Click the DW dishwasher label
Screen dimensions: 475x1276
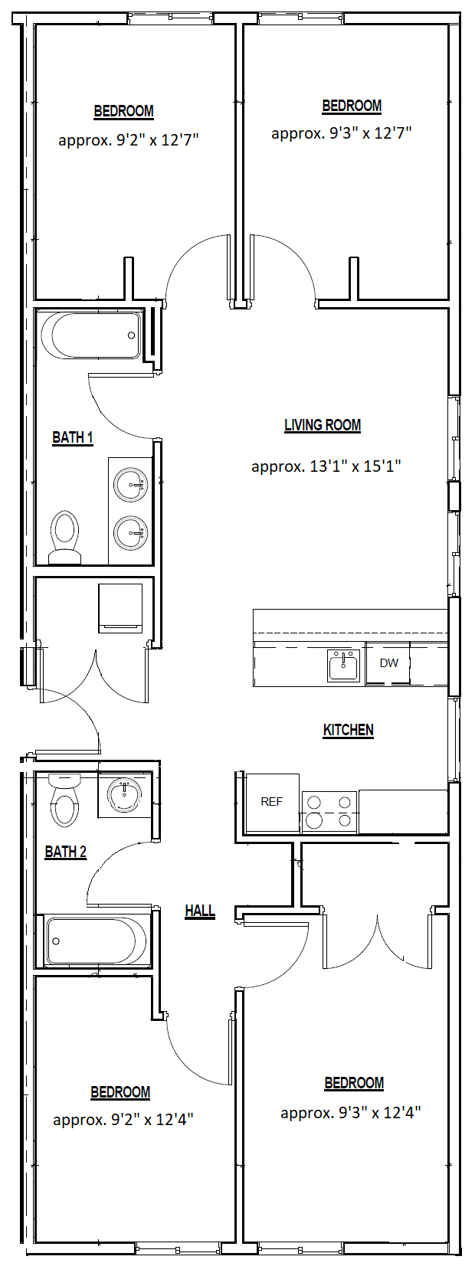pyautogui.click(x=389, y=663)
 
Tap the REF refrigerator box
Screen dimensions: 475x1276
pyautogui.click(x=272, y=803)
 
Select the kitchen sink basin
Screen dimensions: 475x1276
pyautogui.click(x=343, y=666)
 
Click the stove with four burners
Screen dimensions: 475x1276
pyautogui.click(x=329, y=812)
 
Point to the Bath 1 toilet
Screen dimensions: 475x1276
pyautogui.click(x=64, y=537)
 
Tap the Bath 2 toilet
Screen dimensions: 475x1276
pyautogui.click(x=64, y=800)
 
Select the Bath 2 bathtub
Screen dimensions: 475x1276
pyautogui.click(x=99, y=941)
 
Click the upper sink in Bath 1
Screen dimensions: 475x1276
pyautogui.click(x=131, y=486)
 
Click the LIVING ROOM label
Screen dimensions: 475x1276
pyautogui.click(x=323, y=425)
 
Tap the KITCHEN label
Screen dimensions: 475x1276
pyautogui.click(x=348, y=730)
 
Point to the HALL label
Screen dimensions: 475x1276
pyautogui.click(x=200, y=911)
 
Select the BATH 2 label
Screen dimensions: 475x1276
pyautogui.click(x=65, y=852)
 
